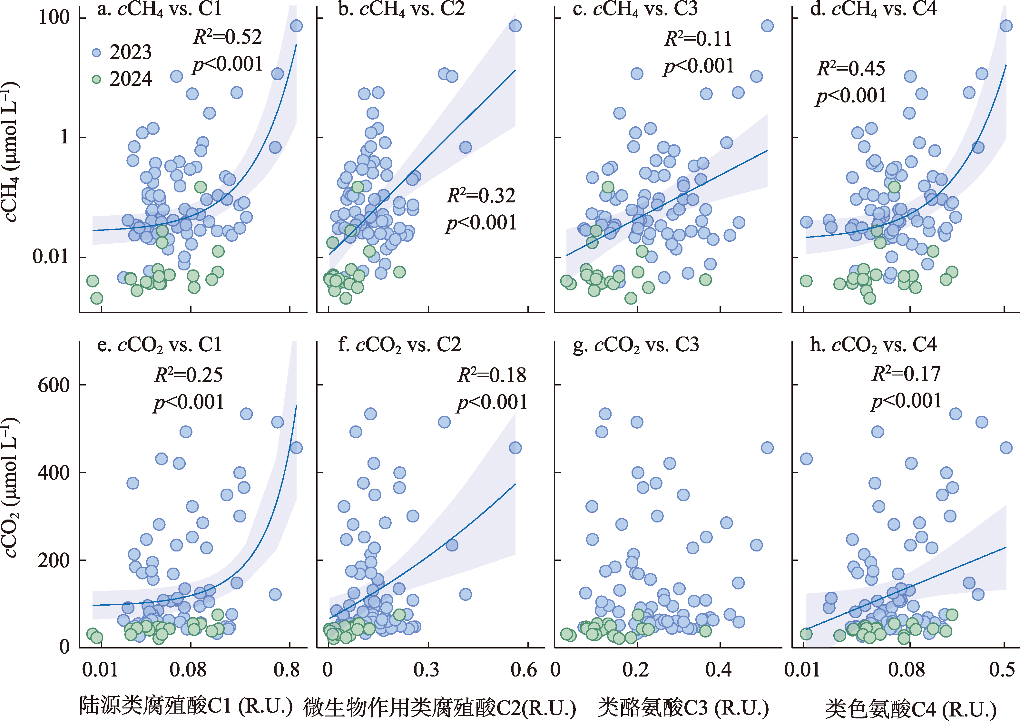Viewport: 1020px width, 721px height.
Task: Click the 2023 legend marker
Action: (96, 53)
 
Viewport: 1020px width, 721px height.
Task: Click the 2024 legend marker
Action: (96, 80)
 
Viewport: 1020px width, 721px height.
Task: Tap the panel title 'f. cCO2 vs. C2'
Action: (399, 345)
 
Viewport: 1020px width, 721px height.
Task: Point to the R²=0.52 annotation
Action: (228, 37)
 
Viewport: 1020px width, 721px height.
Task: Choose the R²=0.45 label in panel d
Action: (851, 68)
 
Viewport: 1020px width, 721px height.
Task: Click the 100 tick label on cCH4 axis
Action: (54, 18)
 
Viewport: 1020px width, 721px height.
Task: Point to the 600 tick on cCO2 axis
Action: (54, 385)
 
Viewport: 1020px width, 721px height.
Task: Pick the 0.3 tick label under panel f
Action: (427, 669)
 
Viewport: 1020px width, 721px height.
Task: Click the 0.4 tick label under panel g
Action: (718, 669)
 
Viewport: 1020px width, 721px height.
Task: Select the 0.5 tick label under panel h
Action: (1002, 669)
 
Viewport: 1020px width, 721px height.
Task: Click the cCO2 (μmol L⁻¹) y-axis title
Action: (11, 487)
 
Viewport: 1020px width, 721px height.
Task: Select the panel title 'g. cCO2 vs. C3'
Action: (636, 345)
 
